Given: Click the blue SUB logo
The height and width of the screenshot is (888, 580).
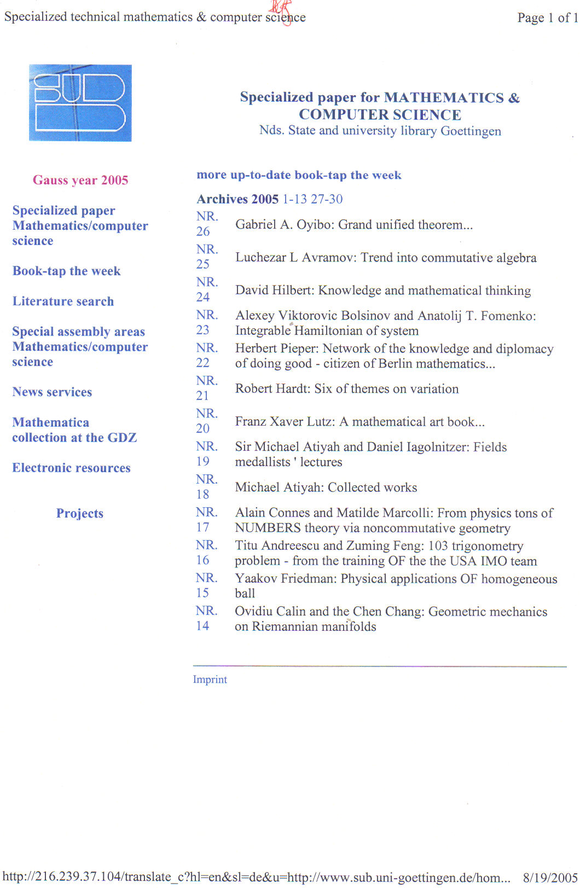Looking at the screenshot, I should (80, 103).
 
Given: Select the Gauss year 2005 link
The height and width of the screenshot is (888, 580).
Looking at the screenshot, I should (80, 180).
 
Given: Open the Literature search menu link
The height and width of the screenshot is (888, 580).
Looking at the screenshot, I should (63, 301).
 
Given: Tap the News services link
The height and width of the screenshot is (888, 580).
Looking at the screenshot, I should (52, 392).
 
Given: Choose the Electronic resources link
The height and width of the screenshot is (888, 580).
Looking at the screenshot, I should (71, 468).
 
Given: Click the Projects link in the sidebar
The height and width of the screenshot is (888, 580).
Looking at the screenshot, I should (79, 513).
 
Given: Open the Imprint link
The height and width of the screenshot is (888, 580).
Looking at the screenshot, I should (210, 680).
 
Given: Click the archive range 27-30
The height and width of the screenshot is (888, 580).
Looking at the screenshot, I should (327, 199).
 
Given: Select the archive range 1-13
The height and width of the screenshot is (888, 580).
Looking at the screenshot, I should (294, 199).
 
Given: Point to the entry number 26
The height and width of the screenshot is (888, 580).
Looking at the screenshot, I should (204, 231).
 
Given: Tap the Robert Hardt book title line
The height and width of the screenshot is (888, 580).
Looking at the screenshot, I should (347, 389).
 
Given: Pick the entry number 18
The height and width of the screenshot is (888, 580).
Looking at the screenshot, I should (203, 495).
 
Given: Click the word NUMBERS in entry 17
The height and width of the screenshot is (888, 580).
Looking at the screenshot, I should (268, 528).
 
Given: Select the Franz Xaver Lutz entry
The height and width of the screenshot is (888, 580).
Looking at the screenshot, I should (359, 422).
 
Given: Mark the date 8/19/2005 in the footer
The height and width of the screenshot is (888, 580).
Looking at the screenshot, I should (549, 878).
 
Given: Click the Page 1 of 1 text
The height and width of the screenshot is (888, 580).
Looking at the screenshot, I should (547, 18).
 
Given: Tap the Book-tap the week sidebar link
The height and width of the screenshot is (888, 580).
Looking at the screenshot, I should (66, 271).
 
